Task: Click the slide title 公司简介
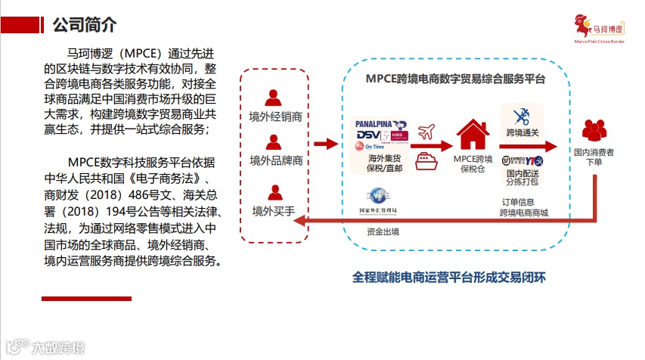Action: point(84,24)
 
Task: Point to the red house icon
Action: point(473,134)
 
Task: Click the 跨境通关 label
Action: point(522,133)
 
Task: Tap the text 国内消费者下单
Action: point(594,157)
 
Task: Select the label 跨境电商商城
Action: point(523,213)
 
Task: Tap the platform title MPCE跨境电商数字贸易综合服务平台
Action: point(455,78)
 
